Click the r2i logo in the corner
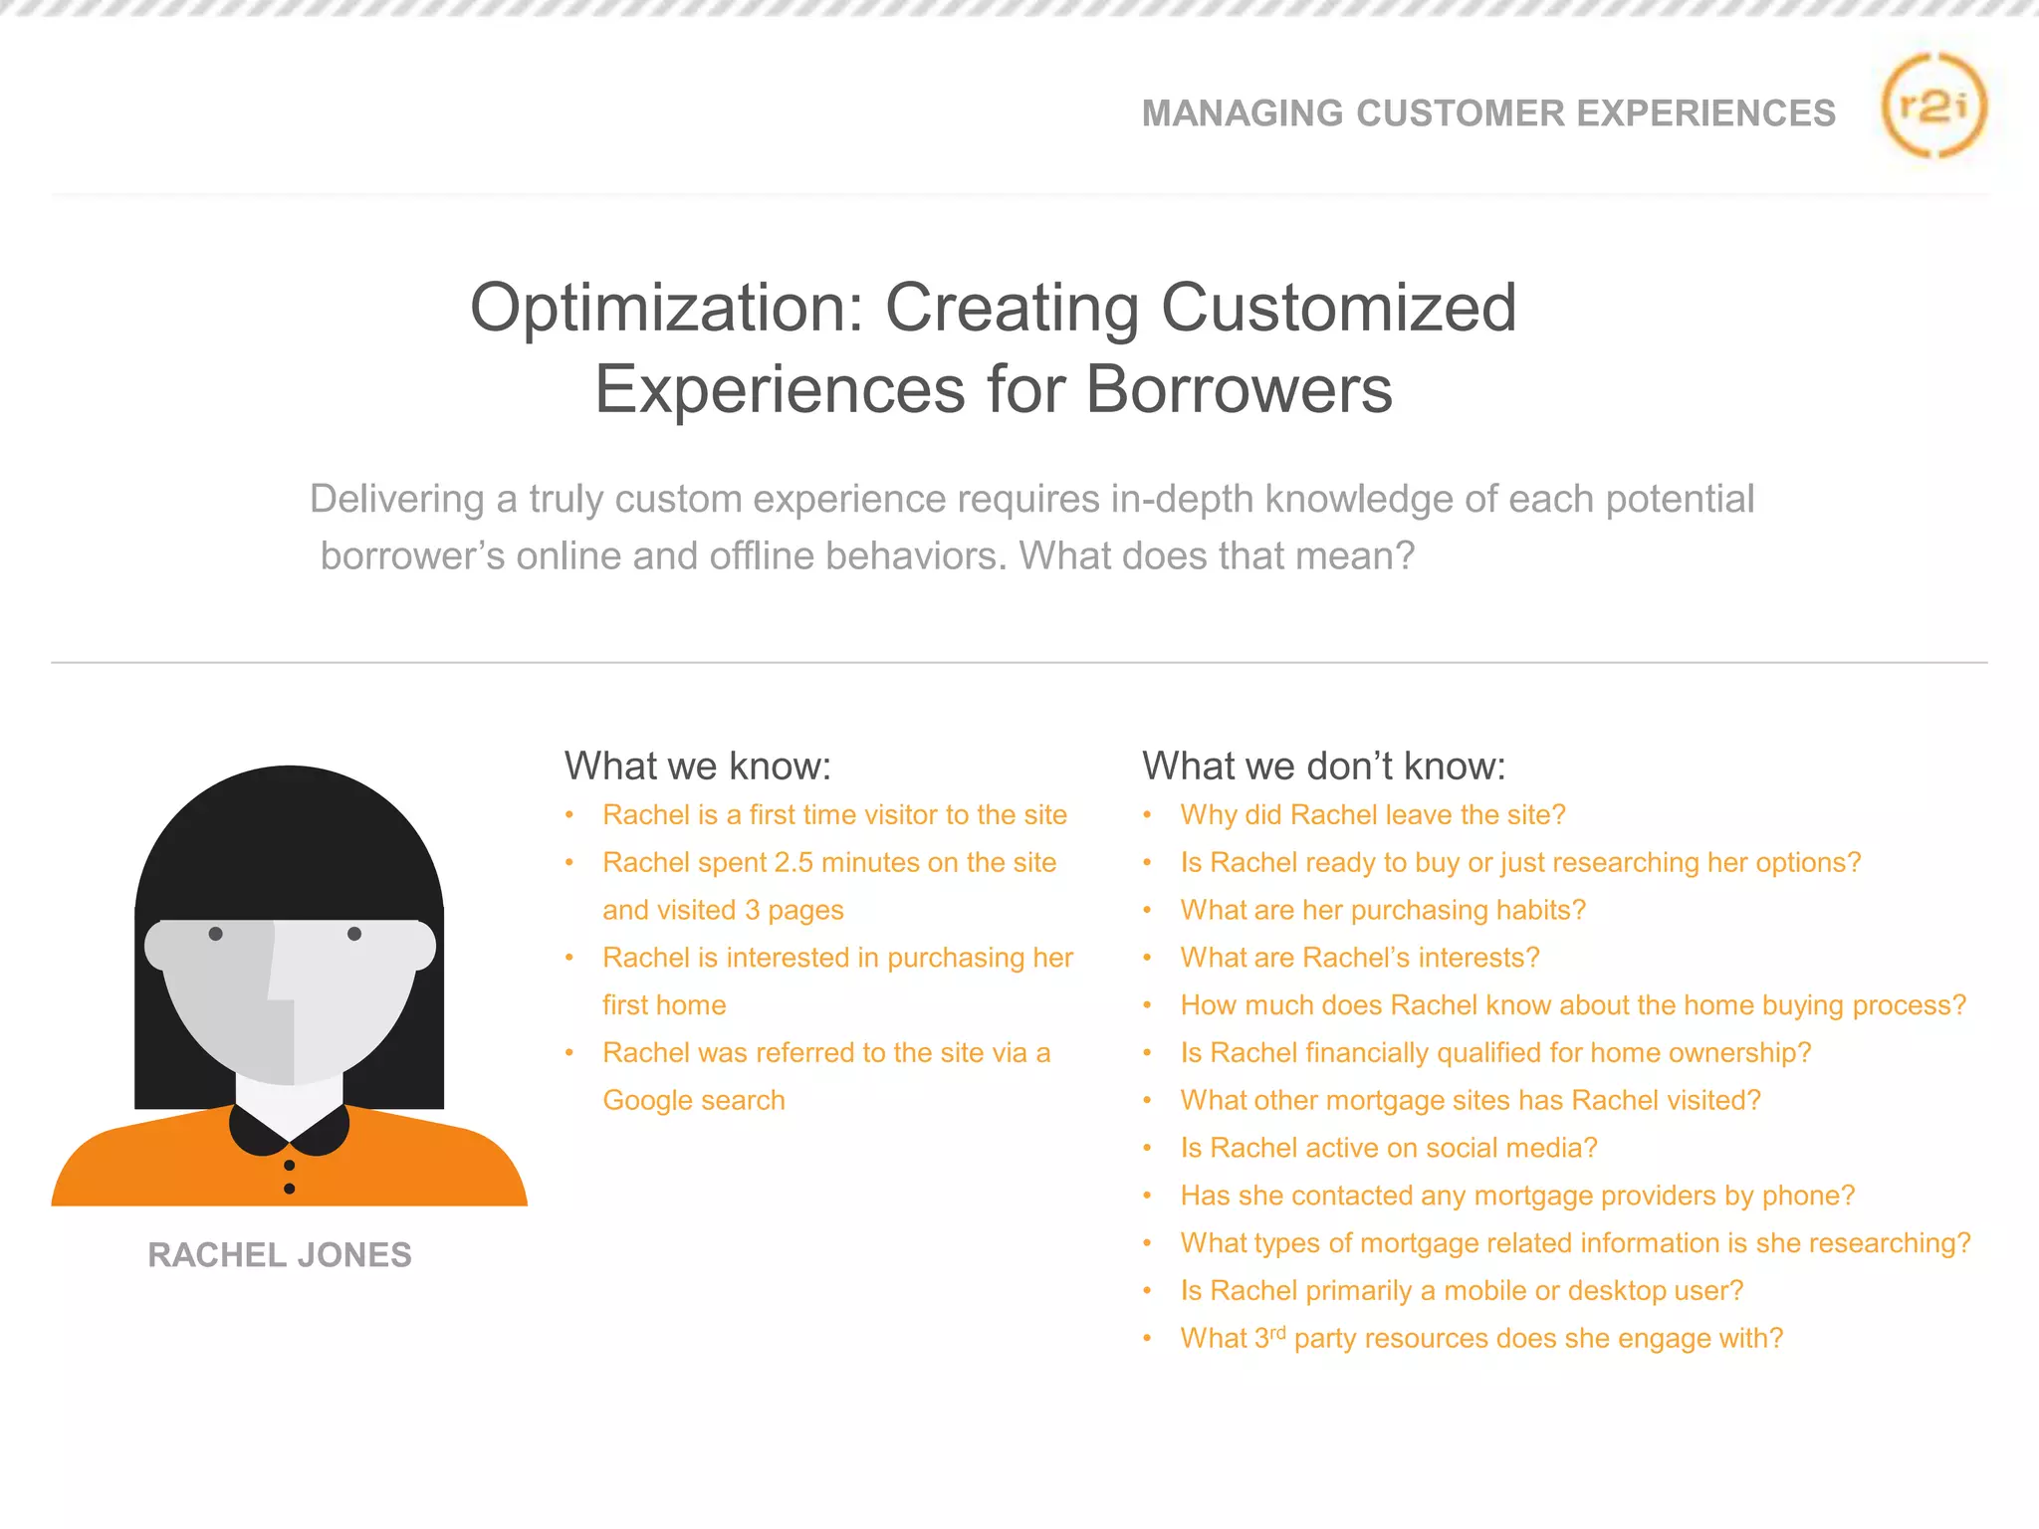click(1932, 106)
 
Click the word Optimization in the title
click(666, 308)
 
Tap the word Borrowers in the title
click(1239, 389)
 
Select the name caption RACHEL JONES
click(280, 1255)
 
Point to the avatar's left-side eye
click(215, 934)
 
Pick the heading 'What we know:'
click(697, 766)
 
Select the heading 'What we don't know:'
click(1323, 766)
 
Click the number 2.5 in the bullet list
click(793, 863)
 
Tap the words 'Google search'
click(694, 1101)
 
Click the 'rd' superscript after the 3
click(1278, 1331)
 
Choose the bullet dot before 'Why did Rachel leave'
click(1147, 815)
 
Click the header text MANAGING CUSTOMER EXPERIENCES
click(1488, 113)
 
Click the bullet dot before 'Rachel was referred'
click(569, 1053)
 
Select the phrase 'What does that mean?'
click(1216, 556)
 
